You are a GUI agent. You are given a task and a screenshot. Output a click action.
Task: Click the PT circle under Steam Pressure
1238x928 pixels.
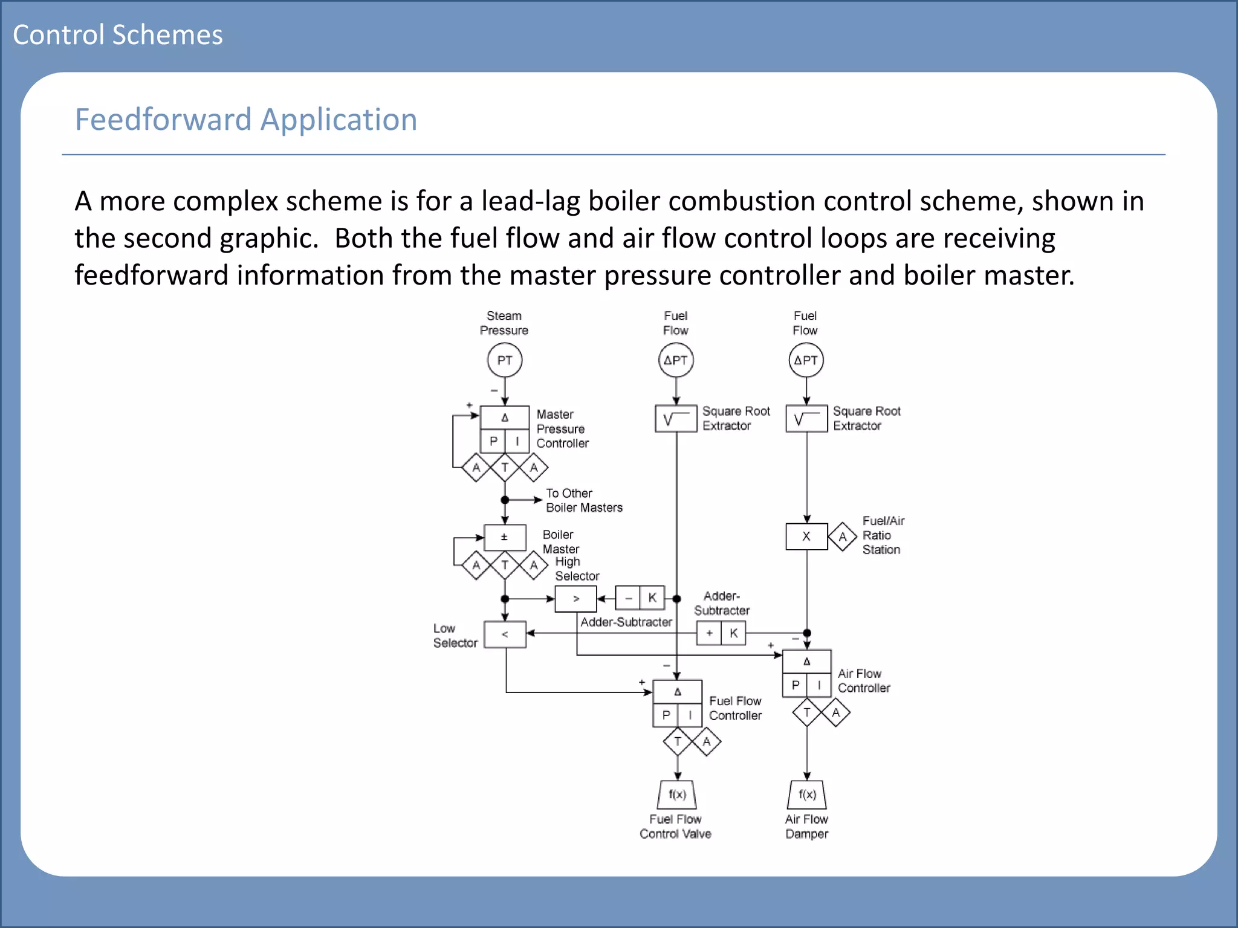tap(504, 360)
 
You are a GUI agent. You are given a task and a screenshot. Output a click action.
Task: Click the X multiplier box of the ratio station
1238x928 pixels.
tap(806, 536)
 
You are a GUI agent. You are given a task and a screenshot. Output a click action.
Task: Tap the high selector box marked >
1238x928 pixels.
tap(575, 599)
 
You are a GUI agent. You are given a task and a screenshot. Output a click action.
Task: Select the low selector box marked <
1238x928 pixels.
tap(505, 634)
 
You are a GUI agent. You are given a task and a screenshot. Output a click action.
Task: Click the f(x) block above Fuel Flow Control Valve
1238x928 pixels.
tap(677, 794)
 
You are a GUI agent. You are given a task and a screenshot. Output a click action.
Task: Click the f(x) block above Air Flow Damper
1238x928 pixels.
tap(807, 794)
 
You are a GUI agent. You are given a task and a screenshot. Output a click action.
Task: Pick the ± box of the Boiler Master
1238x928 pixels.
tap(504, 537)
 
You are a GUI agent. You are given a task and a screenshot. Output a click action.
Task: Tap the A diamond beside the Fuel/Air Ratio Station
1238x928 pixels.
tap(843, 536)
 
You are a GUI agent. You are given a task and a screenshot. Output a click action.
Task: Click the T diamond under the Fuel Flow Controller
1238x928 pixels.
tap(678, 741)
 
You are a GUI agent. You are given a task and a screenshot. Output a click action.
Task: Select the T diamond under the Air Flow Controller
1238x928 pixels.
tap(806, 713)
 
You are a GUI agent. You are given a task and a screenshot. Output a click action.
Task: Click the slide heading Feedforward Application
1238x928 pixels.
tap(245, 119)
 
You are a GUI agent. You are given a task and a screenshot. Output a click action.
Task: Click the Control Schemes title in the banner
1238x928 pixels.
tap(118, 34)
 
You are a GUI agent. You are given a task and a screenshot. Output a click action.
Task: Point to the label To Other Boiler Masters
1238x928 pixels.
tap(583, 500)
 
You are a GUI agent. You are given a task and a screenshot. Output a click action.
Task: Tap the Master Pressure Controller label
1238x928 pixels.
tap(562, 429)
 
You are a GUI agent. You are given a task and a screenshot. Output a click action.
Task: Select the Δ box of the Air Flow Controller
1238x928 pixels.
tap(806, 662)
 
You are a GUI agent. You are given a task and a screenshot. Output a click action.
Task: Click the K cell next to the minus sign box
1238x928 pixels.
tap(652, 598)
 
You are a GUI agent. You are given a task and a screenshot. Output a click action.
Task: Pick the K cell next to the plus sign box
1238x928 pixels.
tap(733, 633)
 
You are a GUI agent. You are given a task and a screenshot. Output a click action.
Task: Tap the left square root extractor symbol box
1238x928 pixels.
tap(676, 419)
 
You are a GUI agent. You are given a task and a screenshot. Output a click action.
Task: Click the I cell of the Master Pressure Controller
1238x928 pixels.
tap(517, 441)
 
